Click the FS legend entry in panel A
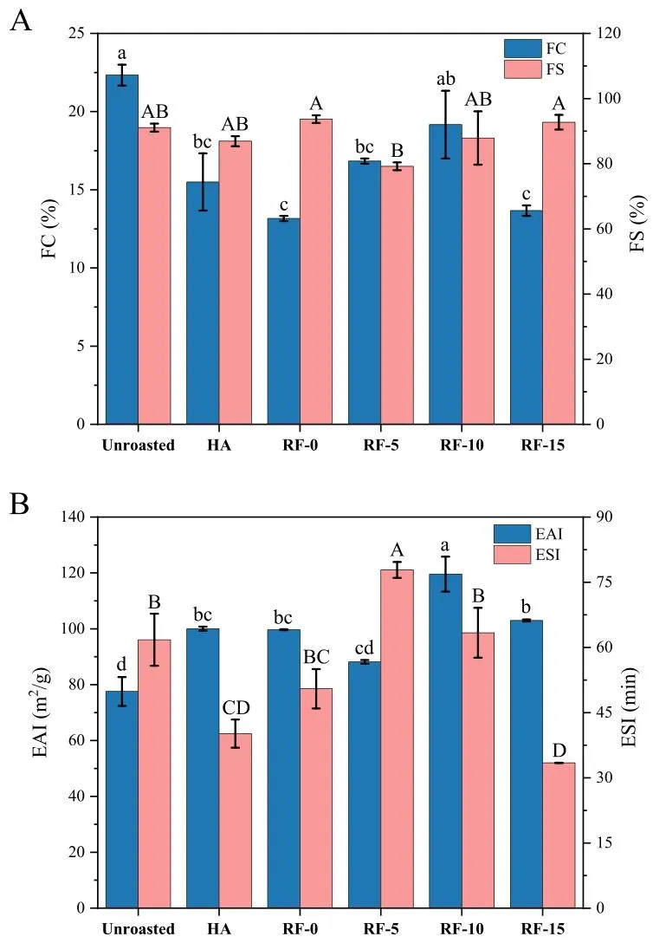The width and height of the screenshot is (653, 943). pos(536,67)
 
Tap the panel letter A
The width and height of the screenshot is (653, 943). pos(20,23)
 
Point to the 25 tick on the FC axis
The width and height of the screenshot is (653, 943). pos(83,33)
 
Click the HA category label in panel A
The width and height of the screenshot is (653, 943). pos(218,445)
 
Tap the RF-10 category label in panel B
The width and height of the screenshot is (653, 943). pos(461,929)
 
